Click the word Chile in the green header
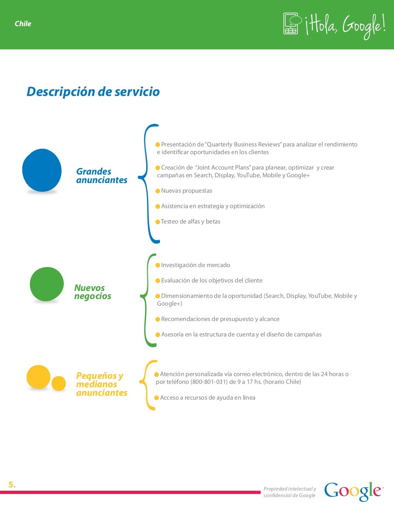(23, 24)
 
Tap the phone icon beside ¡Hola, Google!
(291, 24)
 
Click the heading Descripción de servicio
(93, 92)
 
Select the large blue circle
(42, 170)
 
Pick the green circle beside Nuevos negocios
(47, 284)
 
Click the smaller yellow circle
(59, 383)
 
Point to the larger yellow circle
(38, 377)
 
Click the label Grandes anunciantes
(102, 176)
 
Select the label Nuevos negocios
(92, 292)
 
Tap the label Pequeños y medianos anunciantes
(102, 384)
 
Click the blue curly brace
(149, 183)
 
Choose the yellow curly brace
(147, 385)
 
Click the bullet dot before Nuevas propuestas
(158, 191)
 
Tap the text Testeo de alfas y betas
(190, 222)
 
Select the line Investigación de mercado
(195, 265)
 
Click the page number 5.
(12, 485)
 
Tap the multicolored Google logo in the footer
(353, 491)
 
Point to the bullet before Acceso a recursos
(157, 398)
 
